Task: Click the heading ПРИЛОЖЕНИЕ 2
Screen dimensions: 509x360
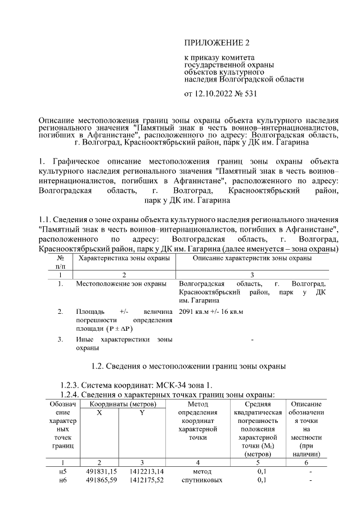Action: point(217,43)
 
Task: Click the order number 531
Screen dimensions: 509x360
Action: point(249,93)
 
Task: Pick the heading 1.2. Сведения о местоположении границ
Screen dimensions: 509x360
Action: point(189,366)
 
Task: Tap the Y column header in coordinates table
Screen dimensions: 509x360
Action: point(142,412)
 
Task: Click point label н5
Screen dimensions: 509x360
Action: point(62,470)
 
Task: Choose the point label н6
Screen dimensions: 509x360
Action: point(62,480)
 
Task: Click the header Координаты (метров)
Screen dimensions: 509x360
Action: point(120,404)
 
